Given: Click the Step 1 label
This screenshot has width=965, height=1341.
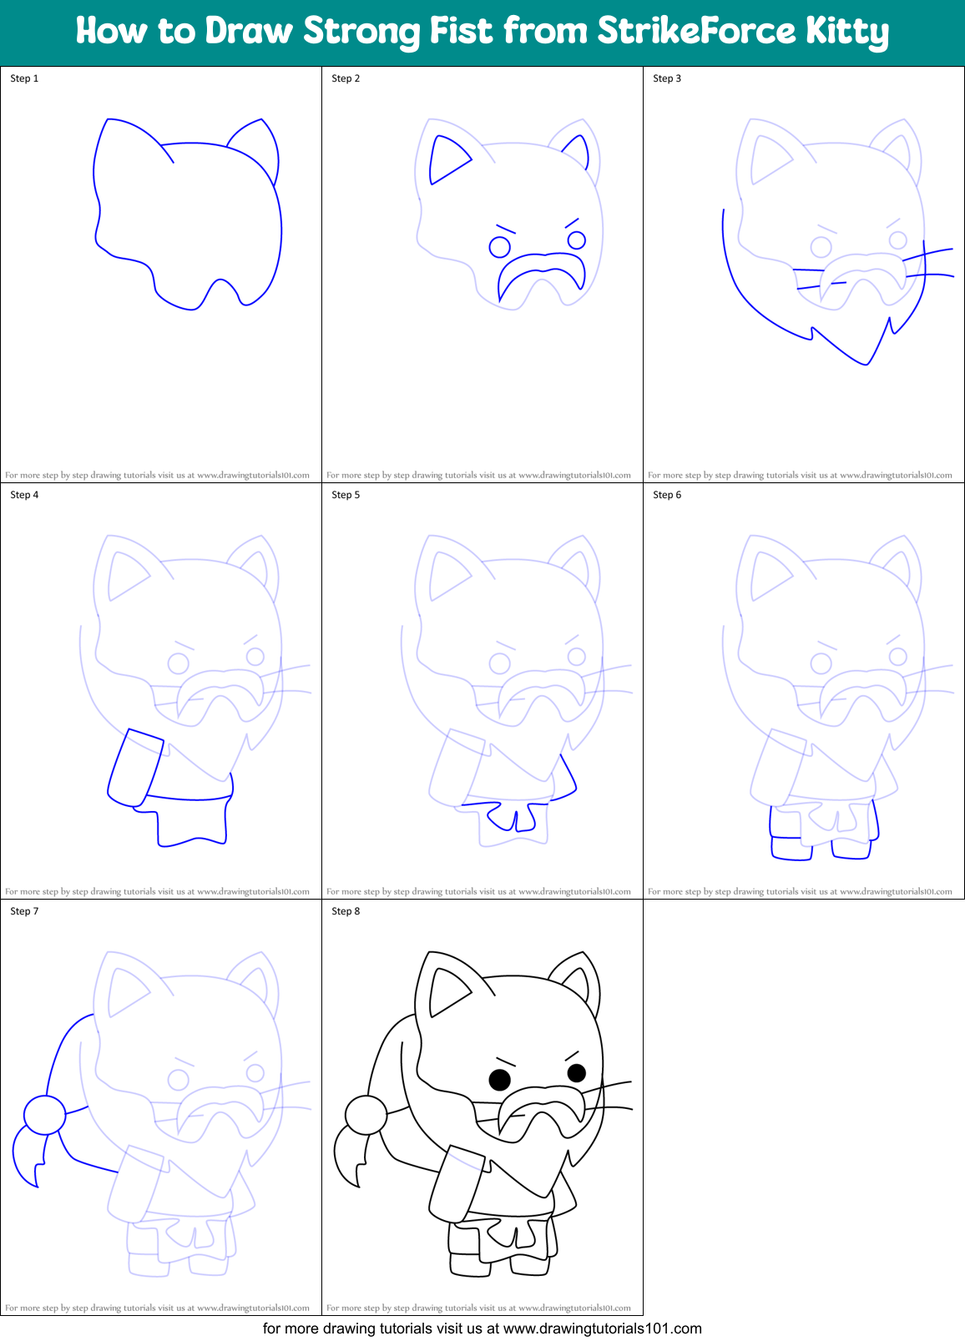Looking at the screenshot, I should (24, 78).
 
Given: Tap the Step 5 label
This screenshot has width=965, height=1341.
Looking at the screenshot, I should (346, 495).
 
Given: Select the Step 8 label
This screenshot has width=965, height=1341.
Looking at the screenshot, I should (346, 911).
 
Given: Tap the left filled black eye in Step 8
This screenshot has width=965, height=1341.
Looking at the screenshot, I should (499, 1080).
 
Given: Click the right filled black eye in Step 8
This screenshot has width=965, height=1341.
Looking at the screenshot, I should (576, 1072).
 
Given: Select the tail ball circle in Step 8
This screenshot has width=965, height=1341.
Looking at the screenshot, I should (366, 1114).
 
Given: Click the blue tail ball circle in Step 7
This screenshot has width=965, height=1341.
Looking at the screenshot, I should (44, 1114).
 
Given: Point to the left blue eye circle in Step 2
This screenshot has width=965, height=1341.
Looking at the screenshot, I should (499, 247).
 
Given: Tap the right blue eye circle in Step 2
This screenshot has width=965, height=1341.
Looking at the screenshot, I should (576, 240).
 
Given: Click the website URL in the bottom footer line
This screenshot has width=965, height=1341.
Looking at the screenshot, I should (602, 1328).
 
